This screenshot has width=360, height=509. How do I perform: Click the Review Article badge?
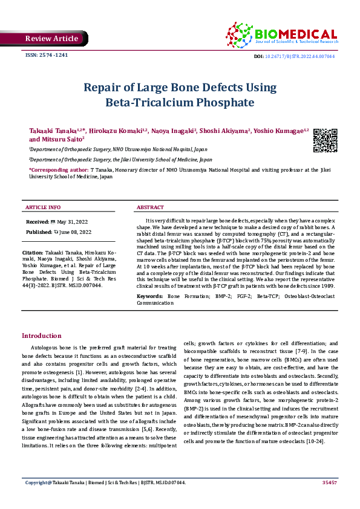[x=51, y=39]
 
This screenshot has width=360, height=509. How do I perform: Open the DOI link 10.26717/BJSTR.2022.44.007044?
[x=303, y=56]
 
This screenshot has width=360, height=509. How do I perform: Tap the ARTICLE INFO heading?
[x=42, y=207]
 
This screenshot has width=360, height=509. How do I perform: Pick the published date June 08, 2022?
[x=76, y=232]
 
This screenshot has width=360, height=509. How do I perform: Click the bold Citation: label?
[x=32, y=251]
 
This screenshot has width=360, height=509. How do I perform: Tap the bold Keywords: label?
[x=150, y=296]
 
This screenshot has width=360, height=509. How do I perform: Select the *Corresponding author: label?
[x=58, y=171]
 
